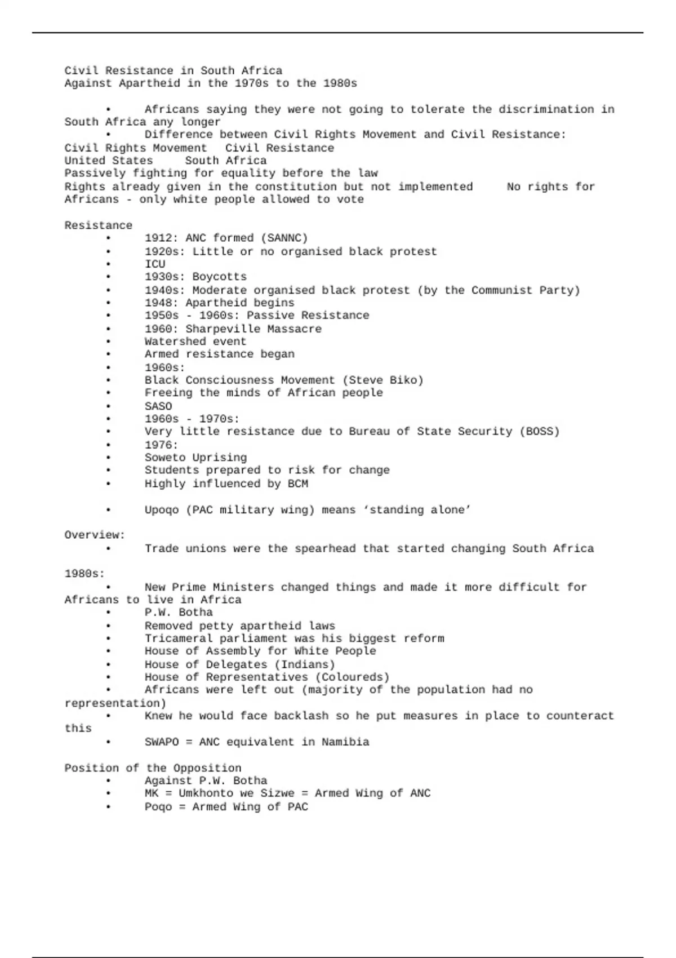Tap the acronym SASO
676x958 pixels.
[158, 406]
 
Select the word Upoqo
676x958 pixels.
[161, 510]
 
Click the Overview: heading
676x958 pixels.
[95, 535]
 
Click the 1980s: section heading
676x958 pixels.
[84, 574]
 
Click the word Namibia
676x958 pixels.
[345, 742]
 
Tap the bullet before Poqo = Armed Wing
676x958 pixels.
[108, 807]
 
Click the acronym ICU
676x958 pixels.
[155, 264]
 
